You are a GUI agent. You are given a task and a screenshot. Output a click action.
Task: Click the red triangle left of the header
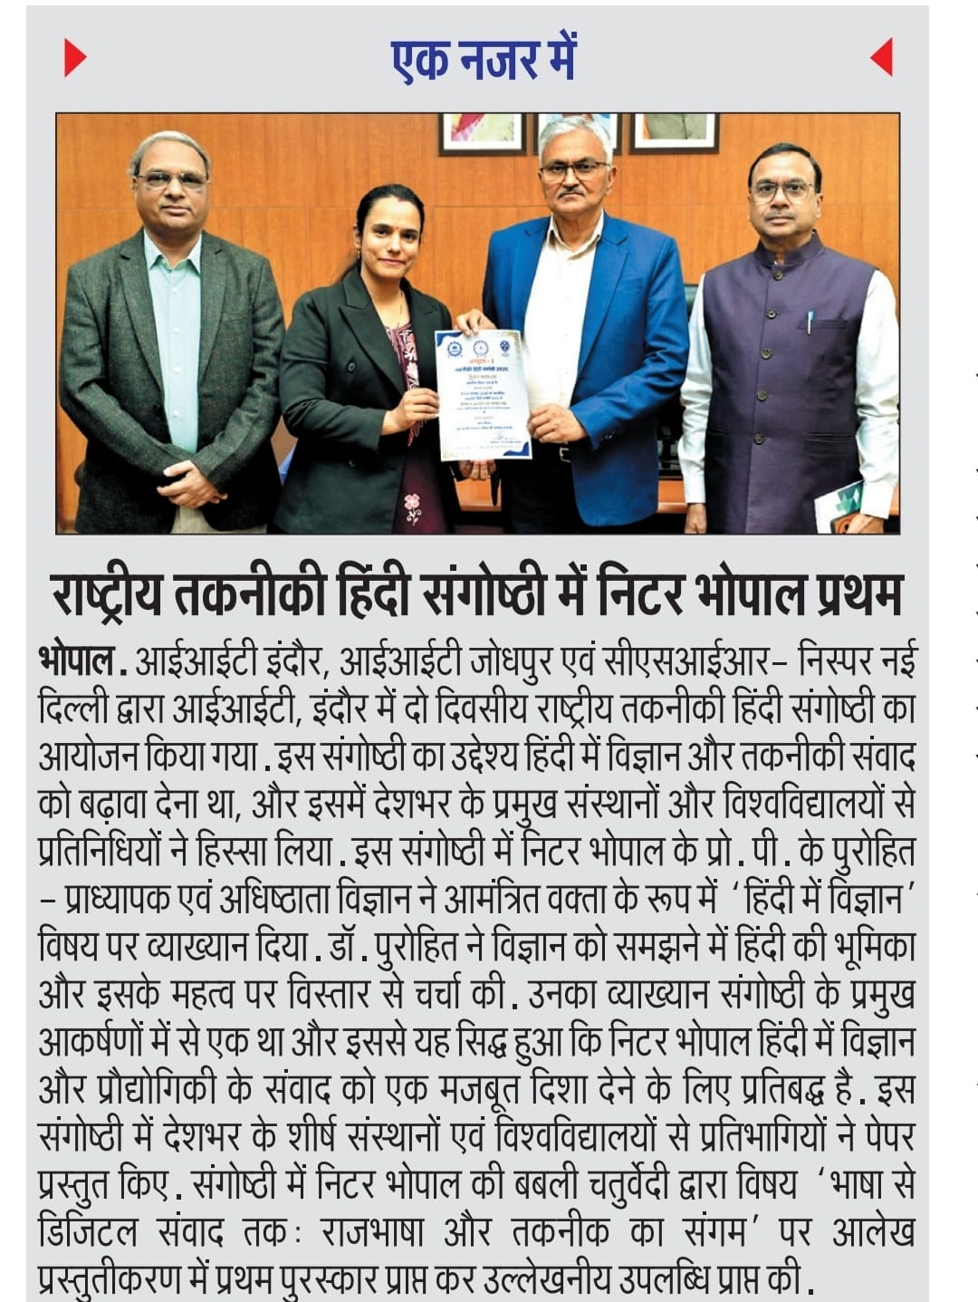tap(74, 58)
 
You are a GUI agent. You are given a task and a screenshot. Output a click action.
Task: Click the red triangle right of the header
tap(882, 58)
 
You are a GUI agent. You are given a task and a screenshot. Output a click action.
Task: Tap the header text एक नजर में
tap(484, 58)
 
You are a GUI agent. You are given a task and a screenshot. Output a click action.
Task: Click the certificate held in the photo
tap(483, 394)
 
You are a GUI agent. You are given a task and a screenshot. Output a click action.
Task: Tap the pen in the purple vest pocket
tap(810, 322)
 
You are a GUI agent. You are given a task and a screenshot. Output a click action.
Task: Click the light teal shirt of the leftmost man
tap(174, 335)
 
